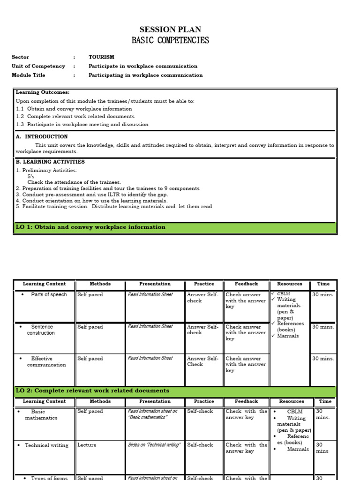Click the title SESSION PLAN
[x=170, y=30]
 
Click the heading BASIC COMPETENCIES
[x=170, y=40]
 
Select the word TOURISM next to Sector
[x=101, y=57]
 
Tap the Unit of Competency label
[x=38, y=66]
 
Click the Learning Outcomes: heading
[x=43, y=92]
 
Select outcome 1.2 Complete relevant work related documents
[x=75, y=116]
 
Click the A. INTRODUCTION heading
[x=42, y=137]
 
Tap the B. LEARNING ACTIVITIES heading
[x=50, y=162]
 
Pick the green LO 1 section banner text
[x=90, y=227]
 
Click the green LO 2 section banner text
[x=92, y=390]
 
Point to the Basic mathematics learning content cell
[x=41, y=414]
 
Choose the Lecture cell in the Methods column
[x=87, y=445]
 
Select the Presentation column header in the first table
[x=155, y=284]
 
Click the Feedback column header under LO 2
[x=246, y=401]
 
